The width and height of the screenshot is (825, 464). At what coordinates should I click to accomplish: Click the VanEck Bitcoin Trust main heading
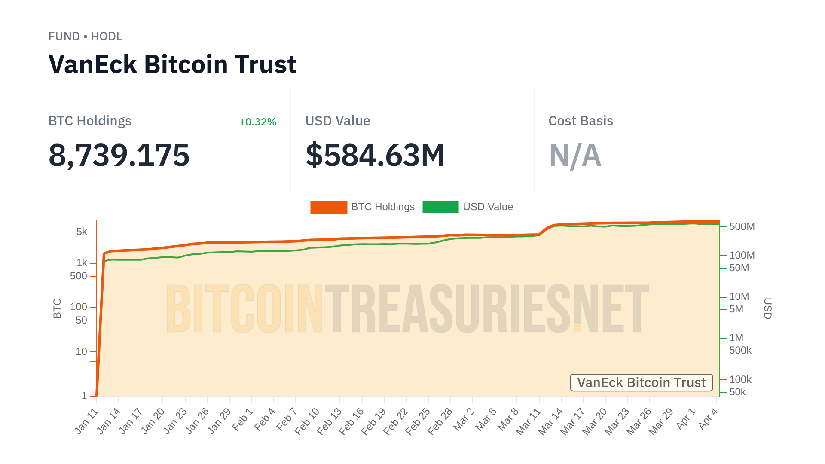click(x=172, y=64)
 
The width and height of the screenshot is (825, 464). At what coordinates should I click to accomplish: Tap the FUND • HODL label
click(x=85, y=37)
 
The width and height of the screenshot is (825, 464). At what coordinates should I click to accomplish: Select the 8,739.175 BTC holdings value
click(x=119, y=155)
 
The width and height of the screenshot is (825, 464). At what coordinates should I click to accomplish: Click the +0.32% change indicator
click(x=257, y=122)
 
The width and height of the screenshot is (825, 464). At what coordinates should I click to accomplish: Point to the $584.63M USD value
click(x=375, y=155)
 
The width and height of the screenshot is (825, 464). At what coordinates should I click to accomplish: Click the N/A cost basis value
click(x=575, y=155)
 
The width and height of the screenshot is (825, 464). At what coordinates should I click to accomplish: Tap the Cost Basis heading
click(x=581, y=121)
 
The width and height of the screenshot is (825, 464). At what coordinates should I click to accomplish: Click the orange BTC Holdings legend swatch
click(x=329, y=207)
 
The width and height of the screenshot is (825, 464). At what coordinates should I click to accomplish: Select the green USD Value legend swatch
click(x=440, y=207)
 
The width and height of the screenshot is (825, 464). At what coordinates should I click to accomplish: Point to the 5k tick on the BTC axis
click(x=82, y=232)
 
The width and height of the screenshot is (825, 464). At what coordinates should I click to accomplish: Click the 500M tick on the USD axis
click(x=742, y=226)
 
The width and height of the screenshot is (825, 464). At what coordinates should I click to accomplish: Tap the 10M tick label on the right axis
click(x=739, y=296)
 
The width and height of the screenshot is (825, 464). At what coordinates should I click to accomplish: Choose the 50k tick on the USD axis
click(x=737, y=392)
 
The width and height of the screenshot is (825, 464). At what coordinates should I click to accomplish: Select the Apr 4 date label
click(x=708, y=418)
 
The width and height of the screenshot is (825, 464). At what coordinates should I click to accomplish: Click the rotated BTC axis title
click(x=57, y=308)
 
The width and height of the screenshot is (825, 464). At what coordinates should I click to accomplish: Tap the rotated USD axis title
click(x=767, y=308)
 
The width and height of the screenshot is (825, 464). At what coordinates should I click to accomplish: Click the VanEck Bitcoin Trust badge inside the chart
click(x=641, y=382)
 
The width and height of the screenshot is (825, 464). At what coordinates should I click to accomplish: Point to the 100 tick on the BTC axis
click(x=79, y=307)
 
